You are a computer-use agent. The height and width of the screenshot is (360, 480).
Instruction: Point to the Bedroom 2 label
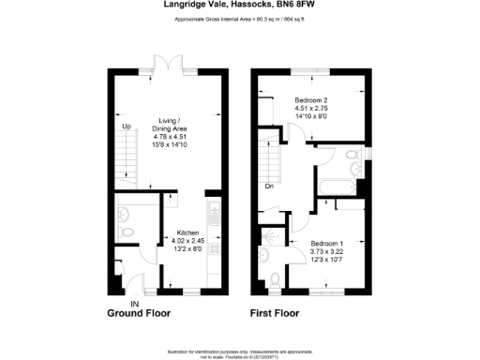pyautogui.click(x=310, y=100)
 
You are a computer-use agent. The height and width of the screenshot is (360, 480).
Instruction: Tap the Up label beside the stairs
pyautogui.click(x=126, y=126)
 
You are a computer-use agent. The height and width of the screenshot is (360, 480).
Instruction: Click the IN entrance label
pyautogui.click(x=134, y=304)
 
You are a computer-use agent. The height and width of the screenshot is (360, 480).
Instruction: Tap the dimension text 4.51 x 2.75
pyautogui.click(x=310, y=109)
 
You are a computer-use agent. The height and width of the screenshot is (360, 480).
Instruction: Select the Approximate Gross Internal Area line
pyautogui.click(x=239, y=19)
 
